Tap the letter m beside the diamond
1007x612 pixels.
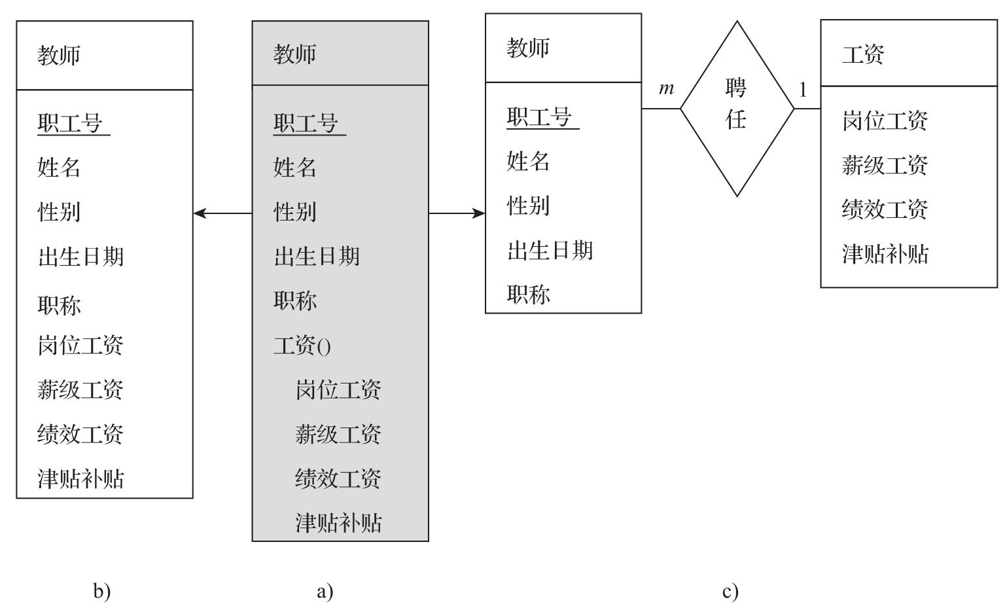tap(666, 88)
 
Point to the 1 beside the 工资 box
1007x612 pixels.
tap(803, 90)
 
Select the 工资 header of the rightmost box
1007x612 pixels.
tap(863, 54)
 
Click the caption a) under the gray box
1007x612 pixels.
tap(325, 592)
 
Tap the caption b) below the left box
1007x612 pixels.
tap(101, 592)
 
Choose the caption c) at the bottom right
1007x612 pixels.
tap(730, 592)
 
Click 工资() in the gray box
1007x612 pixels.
tap(302, 345)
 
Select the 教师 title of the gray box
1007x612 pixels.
tap(294, 54)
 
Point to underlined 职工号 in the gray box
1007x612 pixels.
tap(306, 123)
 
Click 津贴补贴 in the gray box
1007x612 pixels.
tap(338, 522)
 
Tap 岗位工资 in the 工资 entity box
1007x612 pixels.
tap(885, 120)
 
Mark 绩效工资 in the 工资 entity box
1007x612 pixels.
tap(885, 209)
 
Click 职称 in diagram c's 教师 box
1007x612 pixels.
tap(528, 294)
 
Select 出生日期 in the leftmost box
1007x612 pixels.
tap(80, 257)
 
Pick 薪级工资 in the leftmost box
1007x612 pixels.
tap(80, 390)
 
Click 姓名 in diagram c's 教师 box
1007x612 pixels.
tap(528, 161)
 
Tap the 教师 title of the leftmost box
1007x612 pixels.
tap(59, 56)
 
